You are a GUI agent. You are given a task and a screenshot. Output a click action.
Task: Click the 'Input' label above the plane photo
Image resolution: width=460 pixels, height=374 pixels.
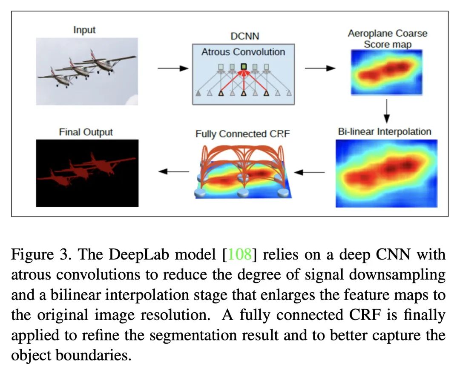[84, 30]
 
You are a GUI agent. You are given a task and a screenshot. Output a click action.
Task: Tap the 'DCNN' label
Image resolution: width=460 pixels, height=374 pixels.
[244, 36]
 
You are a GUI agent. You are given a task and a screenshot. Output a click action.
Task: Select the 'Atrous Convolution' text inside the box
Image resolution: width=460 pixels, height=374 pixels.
[243, 52]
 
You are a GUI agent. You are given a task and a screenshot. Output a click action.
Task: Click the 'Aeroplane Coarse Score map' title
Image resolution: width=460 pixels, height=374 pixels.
[388, 39]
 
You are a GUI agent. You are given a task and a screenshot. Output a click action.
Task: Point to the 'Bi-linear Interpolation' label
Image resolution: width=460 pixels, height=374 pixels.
[385, 131]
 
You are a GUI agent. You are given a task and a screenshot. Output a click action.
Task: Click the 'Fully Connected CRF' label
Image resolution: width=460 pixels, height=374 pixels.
[243, 134]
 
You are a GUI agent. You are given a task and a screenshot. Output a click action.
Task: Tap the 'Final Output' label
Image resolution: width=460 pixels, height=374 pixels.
[86, 132]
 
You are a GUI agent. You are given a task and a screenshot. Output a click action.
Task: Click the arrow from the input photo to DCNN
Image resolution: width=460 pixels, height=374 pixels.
[173, 69]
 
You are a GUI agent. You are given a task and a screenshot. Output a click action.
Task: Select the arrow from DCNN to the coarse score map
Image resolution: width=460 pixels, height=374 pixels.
[320, 69]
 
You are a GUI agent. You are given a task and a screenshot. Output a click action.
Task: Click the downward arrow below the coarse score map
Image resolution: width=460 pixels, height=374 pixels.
[387, 111]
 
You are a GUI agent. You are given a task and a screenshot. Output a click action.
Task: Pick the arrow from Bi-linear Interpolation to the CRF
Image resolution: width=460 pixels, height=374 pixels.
[309, 172]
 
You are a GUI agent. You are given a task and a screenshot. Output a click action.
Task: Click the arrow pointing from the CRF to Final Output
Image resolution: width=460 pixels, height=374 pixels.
[174, 171]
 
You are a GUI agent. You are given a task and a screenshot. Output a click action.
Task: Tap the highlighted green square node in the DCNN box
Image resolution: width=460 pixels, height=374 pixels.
[244, 66]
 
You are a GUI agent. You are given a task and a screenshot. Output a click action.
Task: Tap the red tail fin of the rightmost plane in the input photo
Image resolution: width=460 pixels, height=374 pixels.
[93, 54]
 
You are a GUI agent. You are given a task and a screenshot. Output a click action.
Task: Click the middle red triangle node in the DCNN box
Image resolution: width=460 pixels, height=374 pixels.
[244, 93]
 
